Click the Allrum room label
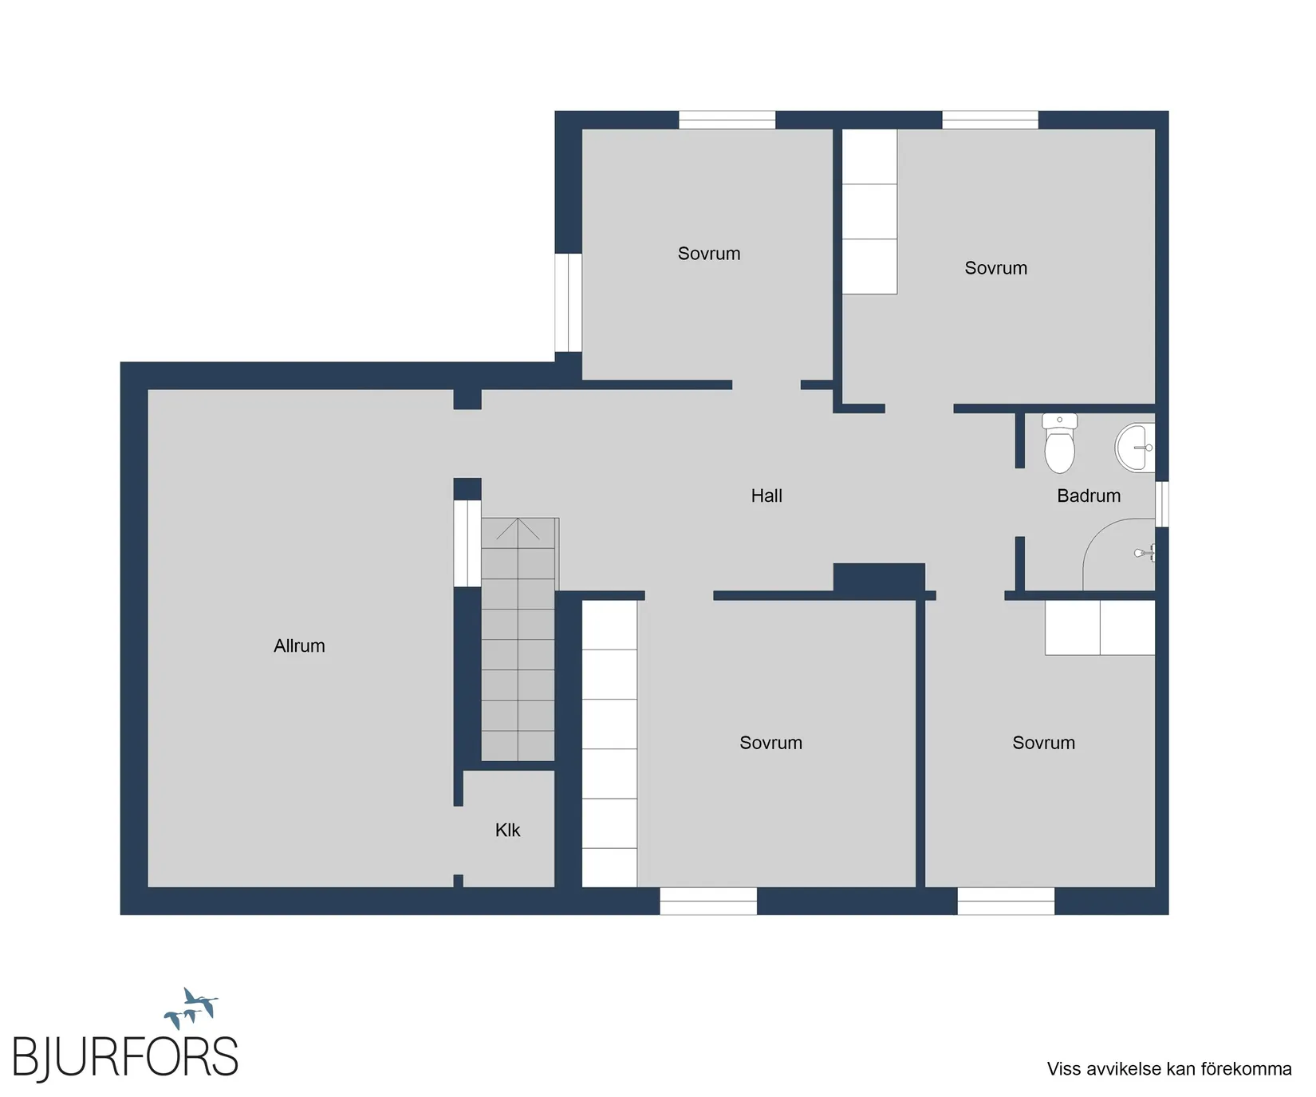(299, 646)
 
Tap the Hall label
(766, 496)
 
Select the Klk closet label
(507, 831)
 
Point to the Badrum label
(1089, 496)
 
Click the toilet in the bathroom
(1059, 443)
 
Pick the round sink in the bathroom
(1134, 448)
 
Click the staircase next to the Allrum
(518, 639)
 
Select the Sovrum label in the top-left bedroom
(709, 254)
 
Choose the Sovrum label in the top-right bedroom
(996, 268)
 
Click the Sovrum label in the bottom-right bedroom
(1044, 743)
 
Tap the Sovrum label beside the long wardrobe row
(771, 743)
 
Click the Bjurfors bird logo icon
(191, 1008)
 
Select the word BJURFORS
(125, 1058)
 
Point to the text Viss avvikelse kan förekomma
(1169, 1069)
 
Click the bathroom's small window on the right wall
(1162, 503)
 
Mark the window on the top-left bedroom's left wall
(568, 302)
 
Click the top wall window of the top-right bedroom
(990, 120)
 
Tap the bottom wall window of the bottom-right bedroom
(1006, 901)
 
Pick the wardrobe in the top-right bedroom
(869, 211)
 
